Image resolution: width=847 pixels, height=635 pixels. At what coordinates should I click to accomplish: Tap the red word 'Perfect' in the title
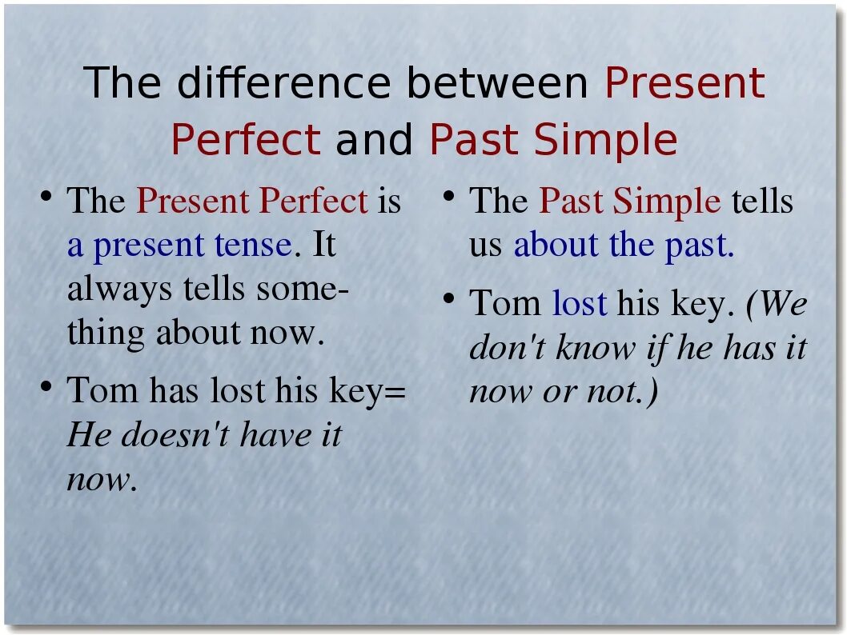click(x=246, y=140)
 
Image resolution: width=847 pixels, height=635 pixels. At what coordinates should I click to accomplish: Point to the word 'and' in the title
click(x=375, y=140)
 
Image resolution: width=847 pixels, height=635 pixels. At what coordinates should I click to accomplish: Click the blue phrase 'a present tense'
click(x=179, y=245)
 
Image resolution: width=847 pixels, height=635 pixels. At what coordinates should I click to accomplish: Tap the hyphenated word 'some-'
click(x=303, y=289)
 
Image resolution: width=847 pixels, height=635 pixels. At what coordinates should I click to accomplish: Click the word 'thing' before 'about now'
click(x=106, y=333)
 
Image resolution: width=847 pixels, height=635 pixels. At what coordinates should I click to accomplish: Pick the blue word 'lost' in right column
click(x=580, y=304)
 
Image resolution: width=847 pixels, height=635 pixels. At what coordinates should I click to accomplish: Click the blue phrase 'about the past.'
click(x=624, y=245)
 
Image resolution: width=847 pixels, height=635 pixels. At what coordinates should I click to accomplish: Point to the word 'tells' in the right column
click(x=761, y=201)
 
